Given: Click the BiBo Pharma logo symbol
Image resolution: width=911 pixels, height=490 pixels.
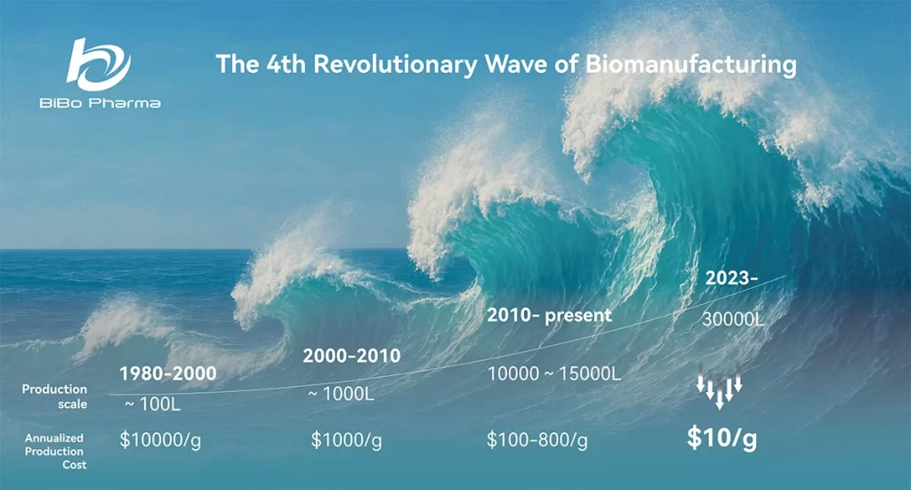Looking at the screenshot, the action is point(98,64).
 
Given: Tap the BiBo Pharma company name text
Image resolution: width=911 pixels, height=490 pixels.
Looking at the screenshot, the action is point(100,103).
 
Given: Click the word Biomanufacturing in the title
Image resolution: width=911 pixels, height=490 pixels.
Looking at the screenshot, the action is point(690,64).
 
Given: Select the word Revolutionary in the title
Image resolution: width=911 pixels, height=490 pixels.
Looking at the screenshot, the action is point(395,64).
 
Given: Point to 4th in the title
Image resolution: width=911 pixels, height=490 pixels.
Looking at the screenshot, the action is point(286,64).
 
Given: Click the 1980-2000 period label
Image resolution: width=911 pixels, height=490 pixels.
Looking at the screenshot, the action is point(168,374).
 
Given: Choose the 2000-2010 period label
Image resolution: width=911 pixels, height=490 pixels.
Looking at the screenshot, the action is point(351,356).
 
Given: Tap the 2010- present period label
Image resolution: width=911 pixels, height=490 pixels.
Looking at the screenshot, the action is point(549,315).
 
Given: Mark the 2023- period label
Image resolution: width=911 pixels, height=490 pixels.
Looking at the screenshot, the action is point(731,278).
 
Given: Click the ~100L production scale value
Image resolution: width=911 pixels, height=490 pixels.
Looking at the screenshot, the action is point(153,404).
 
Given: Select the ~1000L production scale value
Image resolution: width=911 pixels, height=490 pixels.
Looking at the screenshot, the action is point(341,394).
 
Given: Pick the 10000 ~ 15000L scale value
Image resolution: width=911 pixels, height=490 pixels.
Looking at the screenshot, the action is point(554,374).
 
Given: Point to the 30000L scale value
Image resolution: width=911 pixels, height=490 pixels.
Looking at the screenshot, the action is point(733,318).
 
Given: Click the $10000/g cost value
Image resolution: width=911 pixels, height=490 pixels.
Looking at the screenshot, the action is point(160,440).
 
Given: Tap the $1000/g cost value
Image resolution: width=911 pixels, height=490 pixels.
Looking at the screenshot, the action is point(346,440).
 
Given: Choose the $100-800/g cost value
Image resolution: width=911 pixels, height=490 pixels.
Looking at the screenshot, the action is point(537,440).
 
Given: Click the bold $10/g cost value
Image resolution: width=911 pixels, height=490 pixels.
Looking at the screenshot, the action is point(722,438).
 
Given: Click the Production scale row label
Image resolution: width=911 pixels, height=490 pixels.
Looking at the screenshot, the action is point(54,397).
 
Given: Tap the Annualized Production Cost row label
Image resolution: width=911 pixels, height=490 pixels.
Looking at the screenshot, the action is point(54,451).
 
